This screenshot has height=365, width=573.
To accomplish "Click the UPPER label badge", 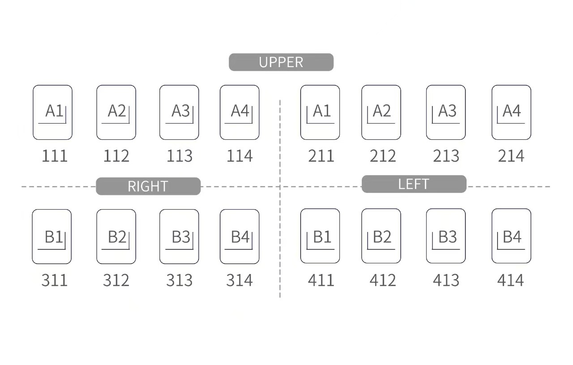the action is tap(281, 62).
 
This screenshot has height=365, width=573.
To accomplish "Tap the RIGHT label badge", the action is tap(148, 186).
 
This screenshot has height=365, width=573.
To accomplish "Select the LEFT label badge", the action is tap(414, 184).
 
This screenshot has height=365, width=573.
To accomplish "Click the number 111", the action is tap(55, 156).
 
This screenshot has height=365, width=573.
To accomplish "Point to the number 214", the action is tap(511, 156).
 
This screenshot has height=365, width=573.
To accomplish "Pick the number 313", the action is tap(180, 280).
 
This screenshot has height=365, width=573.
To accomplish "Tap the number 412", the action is tap(383, 280).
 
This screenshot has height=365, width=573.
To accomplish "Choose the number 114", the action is tap(239, 156).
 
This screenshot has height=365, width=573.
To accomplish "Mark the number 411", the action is tap(321, 280).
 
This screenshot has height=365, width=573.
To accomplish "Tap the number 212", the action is tap(383, 156).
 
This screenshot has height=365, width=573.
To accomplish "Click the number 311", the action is tap(55, 280).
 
